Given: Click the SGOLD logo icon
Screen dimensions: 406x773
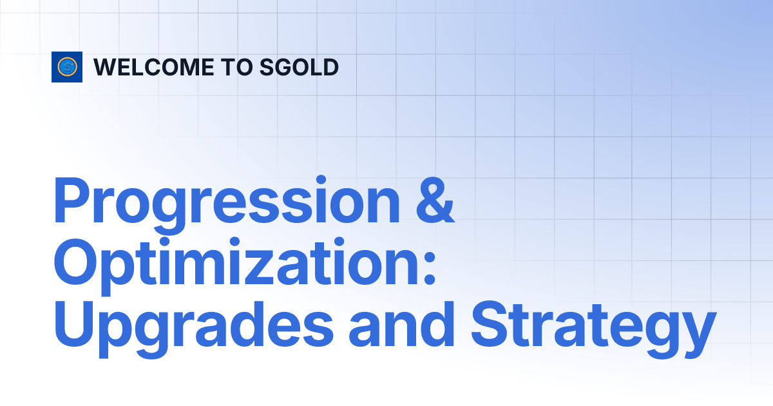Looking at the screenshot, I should tap(67, 66).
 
